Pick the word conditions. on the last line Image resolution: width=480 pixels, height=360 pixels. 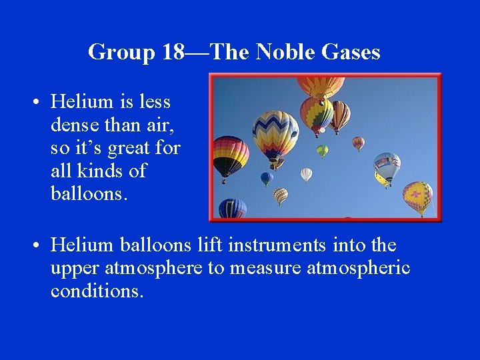pyautogui.click(x=97, y=291)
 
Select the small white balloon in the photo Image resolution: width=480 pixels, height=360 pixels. pyautogui.click(x=306, y=174)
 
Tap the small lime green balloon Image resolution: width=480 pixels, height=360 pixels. pyautogui.click(x=322, y=151)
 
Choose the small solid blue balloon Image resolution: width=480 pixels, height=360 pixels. pyautogui.click(x=267, y=178)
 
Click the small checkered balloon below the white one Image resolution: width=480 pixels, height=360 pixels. pyautogui.click(x=281, y=195)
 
